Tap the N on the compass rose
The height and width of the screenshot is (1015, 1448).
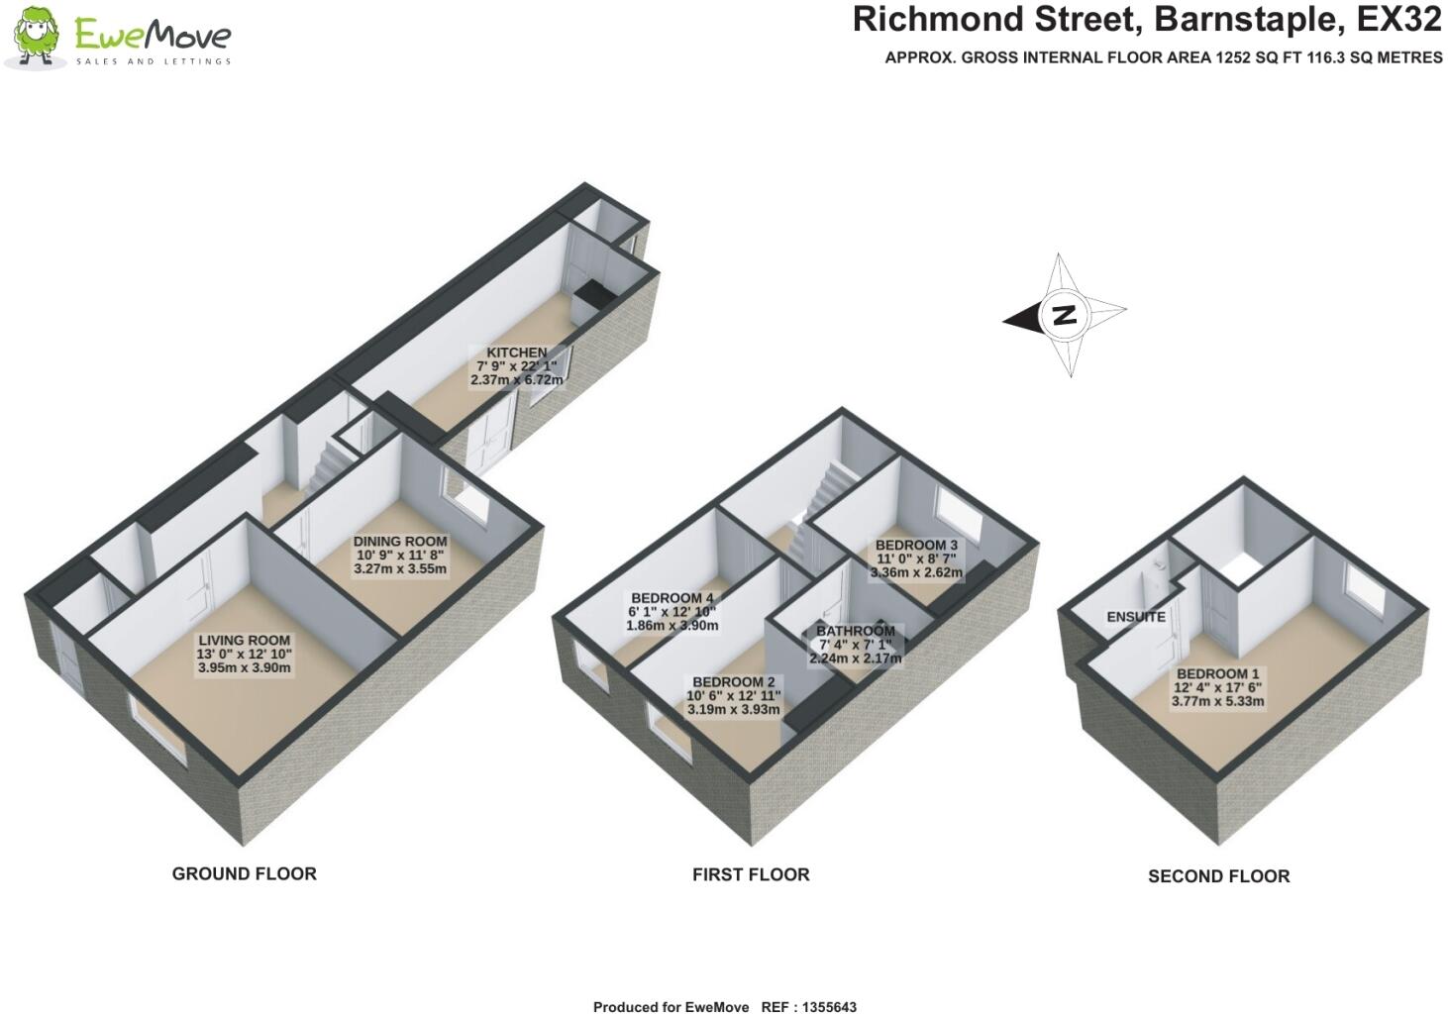coord(1064,316)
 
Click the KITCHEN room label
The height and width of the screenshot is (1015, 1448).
coord(516,353)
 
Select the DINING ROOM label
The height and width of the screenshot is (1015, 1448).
coord(400,542)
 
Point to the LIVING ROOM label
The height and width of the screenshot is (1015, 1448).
coord(244,641)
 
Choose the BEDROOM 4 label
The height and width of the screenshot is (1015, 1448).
coord(672,598)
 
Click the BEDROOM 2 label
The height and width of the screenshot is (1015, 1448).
coord(733,682)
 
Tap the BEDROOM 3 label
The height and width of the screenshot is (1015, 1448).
coord(916,545)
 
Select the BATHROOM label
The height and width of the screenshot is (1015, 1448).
coord(856,631)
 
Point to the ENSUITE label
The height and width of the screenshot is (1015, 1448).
coord(1136,617)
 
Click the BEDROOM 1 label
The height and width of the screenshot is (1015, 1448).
coord(1217,674)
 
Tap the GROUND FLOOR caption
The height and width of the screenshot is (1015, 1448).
coord(245,873)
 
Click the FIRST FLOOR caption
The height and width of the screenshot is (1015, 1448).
coord(751,874)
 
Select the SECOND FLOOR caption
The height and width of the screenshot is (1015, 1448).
coord(1218,876)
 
